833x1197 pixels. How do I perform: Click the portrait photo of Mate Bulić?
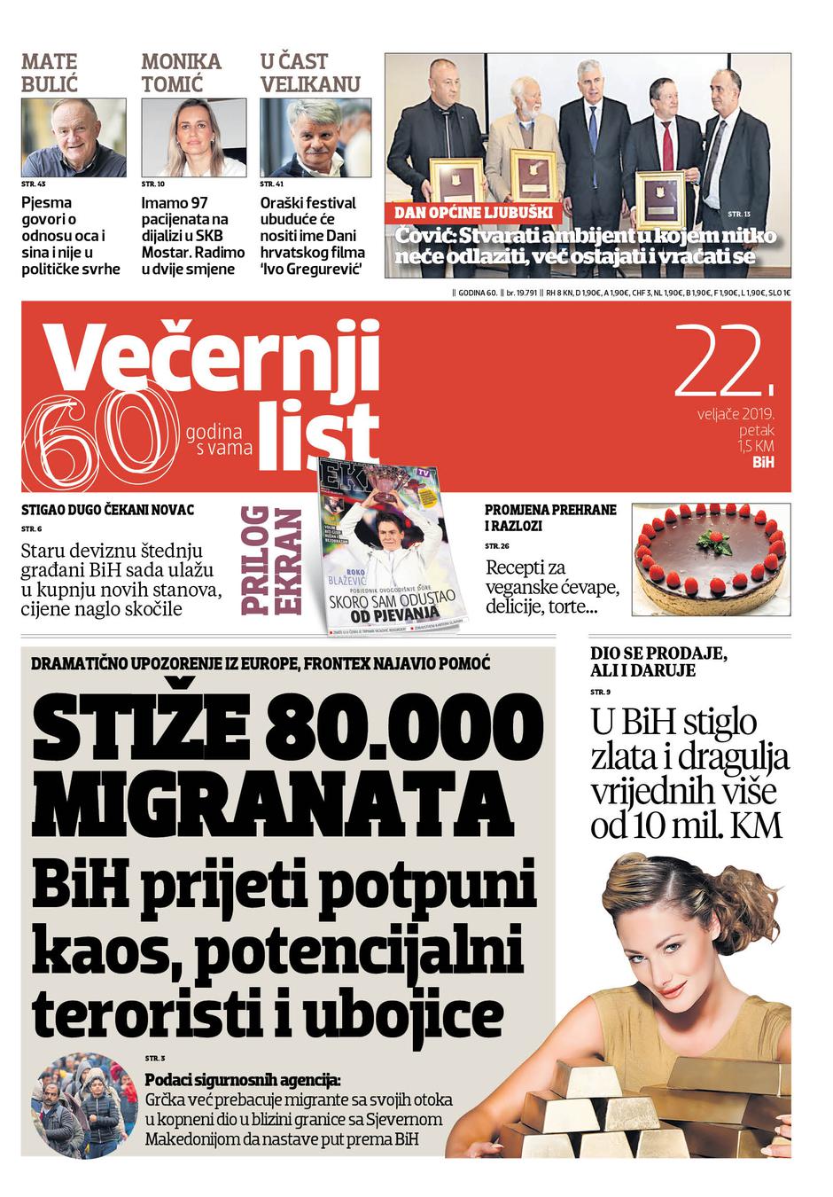pos(74,137)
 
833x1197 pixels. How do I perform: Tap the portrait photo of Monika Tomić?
pos(193,137)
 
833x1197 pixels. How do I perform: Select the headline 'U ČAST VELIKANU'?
pos(309,73)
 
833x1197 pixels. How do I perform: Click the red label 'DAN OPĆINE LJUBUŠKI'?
pos(474,213)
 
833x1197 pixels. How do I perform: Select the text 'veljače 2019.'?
pos(736,413)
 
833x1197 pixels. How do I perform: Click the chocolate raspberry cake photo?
pos(710,559)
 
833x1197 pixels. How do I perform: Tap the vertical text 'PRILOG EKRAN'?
pos(270,559)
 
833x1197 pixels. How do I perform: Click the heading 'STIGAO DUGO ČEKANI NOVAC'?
pos(108,510)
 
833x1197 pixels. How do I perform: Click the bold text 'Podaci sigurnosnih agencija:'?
pos(242,1080)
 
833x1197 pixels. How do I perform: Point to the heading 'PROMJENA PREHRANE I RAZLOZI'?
pos(550,518)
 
